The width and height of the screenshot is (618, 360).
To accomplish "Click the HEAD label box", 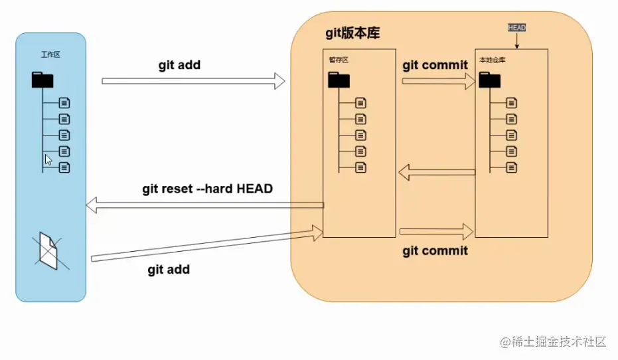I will [516, 28].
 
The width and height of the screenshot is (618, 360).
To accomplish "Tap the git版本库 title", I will [352, 33].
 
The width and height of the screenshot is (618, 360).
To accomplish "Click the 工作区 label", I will [50, 54].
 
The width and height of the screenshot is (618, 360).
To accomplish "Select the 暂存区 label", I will [339, 60].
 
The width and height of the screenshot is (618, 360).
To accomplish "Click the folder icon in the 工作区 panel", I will [42, 81].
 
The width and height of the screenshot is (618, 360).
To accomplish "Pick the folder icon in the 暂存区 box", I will [339, 80].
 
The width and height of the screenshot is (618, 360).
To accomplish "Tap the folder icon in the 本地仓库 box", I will [490, 80].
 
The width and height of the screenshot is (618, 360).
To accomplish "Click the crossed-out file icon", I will [48, 251].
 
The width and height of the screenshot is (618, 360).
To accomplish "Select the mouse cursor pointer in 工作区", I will [48, 160].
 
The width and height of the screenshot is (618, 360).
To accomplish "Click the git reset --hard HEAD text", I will [207, 189].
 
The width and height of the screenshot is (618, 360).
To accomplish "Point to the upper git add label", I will [179, 65].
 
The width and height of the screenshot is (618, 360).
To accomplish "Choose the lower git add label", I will [169, 269].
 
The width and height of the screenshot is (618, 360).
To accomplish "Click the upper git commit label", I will [435, 65].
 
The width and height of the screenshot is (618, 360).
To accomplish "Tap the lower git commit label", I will [435, 250].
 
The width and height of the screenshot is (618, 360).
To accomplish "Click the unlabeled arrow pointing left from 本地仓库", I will [437, 173].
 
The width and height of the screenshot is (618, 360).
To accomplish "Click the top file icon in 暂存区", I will [360, 103].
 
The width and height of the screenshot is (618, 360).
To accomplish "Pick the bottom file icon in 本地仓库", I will [511, 167].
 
